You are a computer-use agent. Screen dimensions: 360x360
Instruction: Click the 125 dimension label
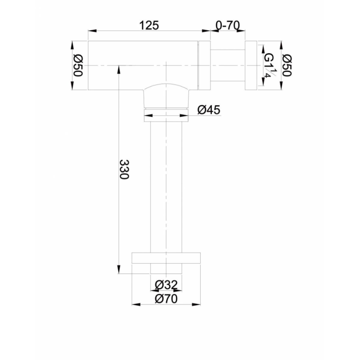pos(149,25)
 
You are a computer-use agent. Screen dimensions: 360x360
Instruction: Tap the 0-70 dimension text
pos(228,25)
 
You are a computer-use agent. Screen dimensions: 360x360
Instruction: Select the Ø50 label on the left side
pos(77,65)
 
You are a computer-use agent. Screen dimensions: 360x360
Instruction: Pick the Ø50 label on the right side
pos(287,65)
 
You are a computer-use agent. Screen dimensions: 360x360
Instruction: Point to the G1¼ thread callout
pos(270,65)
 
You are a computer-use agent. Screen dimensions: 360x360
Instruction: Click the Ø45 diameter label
pos(209,110)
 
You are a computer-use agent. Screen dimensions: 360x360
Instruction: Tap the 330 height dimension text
pos(124,170)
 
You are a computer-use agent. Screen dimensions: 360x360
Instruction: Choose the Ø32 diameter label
pos(166,285)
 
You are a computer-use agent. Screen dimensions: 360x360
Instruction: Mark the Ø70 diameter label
pos(166,299)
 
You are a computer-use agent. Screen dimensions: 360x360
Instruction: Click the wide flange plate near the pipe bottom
pos(166,258)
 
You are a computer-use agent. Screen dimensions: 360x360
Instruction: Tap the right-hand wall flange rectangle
pos(251,65)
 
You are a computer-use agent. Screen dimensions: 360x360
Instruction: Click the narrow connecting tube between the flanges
pos(228,65)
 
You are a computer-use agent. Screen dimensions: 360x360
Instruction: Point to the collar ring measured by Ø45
pos(166,115)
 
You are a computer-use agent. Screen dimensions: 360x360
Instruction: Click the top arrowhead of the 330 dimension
pos(119,70)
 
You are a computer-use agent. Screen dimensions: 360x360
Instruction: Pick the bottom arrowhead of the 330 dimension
pos(119,270)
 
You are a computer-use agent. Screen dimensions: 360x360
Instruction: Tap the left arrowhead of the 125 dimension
pos(92,31)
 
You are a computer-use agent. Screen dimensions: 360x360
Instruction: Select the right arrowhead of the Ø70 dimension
pos(196,305)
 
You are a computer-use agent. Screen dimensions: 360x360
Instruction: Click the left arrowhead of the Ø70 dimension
pos(136,305)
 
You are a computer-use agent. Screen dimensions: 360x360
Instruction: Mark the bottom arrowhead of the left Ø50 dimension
pos(72,85)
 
